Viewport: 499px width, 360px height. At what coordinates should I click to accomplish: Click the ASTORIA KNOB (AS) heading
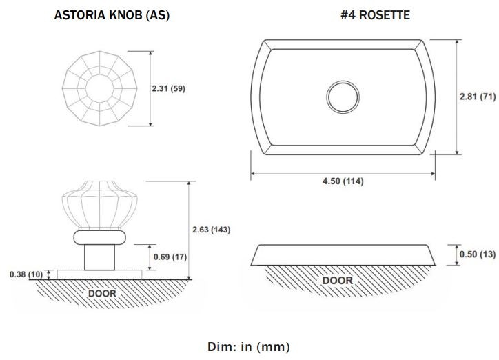click(x=112, y=15)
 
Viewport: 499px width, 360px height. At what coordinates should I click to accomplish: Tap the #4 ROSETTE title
click(x=375, y=15)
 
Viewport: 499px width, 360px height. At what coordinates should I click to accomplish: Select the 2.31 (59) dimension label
click(x=168, y=88)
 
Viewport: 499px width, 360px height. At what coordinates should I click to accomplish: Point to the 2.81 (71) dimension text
click(x=478, y=97)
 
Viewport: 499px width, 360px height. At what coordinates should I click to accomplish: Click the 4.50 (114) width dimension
click(x=343, y=181)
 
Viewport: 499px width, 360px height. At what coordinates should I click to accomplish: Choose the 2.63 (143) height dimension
click(x=212, y=230)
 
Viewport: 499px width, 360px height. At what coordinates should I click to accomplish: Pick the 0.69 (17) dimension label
click(x=170, y=257)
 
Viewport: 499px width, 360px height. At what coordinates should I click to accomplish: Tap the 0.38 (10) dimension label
click(x=26, y=274)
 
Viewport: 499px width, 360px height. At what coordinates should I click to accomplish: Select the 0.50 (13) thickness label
click(x=478, y=254)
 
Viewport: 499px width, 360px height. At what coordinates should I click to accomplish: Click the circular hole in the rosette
click(x=343, y=97)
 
